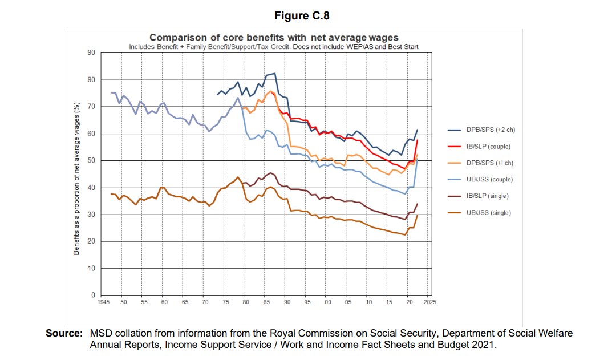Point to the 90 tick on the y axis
(x=90, y=53)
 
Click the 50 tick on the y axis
(x=90, y=161)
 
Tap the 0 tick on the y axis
(x=92, y=296)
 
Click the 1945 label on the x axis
(x=103, y=302)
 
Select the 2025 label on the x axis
(x=429, y=302)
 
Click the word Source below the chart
(x=64, y=333)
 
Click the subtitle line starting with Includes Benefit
(x=274, y=46)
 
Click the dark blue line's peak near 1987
(x=275, y=73)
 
